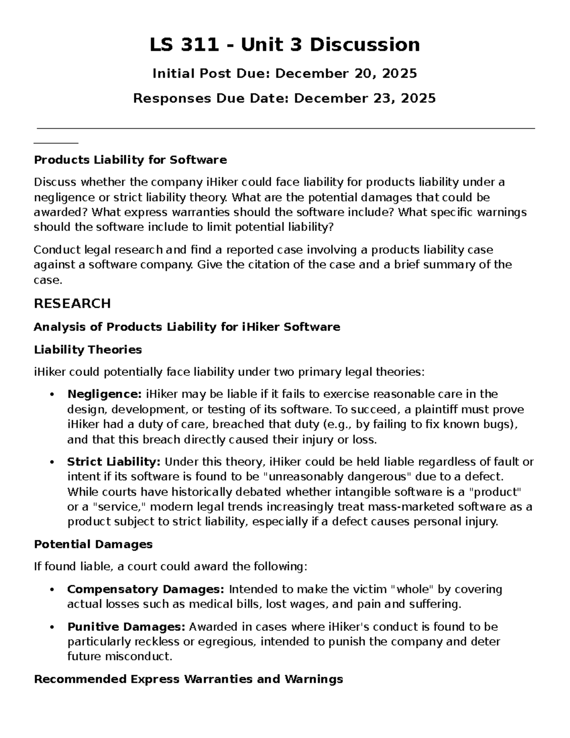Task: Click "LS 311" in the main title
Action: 184,45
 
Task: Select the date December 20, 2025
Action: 346,74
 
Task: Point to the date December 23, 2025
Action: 364,98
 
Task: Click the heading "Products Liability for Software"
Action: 130,160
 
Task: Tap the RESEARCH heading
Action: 72,304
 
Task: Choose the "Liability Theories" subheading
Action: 88,350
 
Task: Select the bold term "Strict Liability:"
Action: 114,462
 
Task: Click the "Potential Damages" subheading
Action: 93,545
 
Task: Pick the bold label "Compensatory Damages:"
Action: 145,589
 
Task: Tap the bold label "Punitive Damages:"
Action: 126,627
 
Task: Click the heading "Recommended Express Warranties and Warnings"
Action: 188,679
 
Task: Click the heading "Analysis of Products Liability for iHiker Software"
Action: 187,327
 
